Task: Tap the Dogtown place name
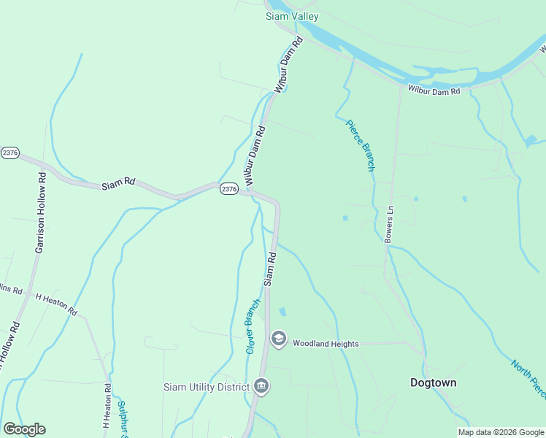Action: click(433, 383)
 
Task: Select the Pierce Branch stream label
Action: click(360, 145)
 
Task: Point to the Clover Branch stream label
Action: click(253, 326)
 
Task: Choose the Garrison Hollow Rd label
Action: click(40, 212)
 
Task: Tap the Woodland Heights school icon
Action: click(278, 339)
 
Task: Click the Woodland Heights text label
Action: click(326, 343)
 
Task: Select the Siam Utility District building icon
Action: click(261, 386)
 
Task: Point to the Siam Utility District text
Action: click(207, 387)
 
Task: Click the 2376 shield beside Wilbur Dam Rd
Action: click(228, 188)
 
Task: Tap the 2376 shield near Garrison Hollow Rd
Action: click(9, 153)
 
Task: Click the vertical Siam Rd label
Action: click(269, 268)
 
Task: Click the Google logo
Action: click(24, 429)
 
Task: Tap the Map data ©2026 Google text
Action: click(501, 432)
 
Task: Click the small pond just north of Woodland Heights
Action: click(282, 312)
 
